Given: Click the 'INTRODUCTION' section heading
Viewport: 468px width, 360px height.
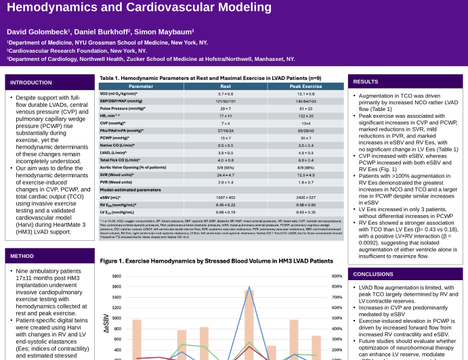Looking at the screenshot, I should tap(31, 82).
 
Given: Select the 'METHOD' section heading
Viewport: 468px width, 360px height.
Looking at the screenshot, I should tap(22, 256).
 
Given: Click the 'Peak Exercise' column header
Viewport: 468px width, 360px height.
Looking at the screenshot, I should tap(305, 87).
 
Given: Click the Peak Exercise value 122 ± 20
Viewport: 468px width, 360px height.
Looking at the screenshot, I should tap(305, 116).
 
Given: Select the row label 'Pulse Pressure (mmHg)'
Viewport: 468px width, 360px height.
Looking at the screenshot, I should tap(123, 108).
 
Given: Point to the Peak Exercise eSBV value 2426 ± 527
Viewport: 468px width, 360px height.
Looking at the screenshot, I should tap(305, 197).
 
